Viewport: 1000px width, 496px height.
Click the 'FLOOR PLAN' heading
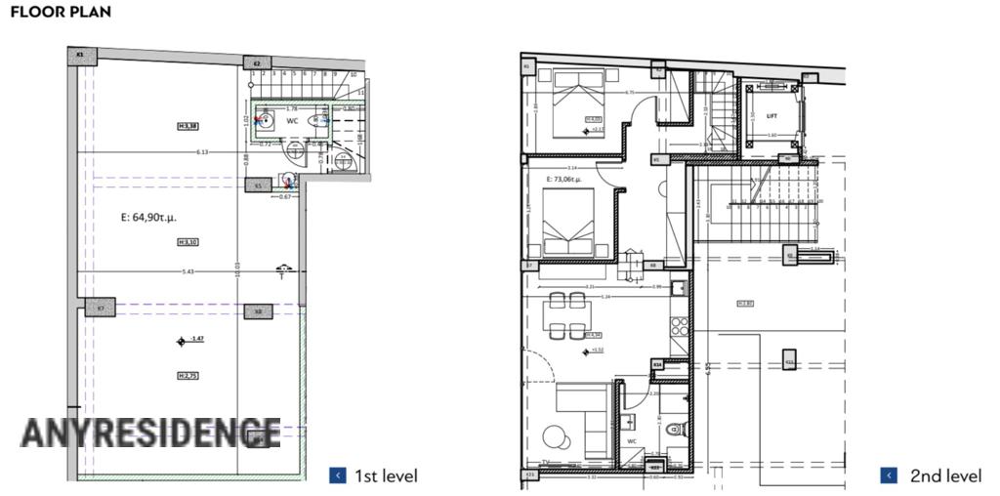[x=60, y=13]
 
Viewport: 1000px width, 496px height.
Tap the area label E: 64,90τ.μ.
[x=136, y=217]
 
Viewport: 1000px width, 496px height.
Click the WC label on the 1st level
[x=291, y=121]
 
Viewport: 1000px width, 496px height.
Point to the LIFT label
[x=756, y=115]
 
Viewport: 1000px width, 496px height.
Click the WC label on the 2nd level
[x=632, y=440]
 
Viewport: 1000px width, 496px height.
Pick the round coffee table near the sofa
[x=553, y=435]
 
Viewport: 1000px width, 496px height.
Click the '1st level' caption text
[x=386, y=476]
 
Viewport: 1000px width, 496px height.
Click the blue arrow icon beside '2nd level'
[x=889, y=475]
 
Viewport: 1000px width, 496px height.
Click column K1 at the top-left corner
[x=80, y=55]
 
